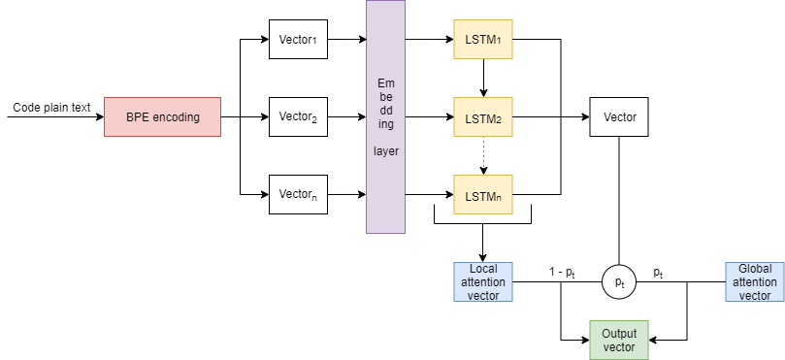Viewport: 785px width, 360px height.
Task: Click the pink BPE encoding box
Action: tap(162, 117)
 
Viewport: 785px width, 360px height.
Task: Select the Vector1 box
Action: tap(299, 40)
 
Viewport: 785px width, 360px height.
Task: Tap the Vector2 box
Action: tap(299, 117)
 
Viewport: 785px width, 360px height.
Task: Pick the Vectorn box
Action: tap(299, 194)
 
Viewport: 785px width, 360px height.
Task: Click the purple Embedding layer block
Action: tap(385, 116)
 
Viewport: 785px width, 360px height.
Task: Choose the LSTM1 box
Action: tap(483, 40)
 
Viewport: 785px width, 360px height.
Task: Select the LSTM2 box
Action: tap(483, 117)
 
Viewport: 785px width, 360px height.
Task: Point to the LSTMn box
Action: tap(483, 194)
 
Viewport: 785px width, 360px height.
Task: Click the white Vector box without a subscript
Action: tap(619, 117)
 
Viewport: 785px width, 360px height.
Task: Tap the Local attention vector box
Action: tap(483, 281)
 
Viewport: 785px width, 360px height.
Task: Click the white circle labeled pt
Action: tap(619, 281)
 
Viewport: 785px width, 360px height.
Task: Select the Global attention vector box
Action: tap(754, 281)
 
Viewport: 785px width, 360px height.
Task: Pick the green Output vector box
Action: tap(619, 340)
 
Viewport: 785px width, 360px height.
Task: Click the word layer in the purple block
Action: tap(385, 151)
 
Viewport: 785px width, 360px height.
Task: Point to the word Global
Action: tap(755, 269)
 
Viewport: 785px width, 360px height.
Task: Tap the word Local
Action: tap(483, 269)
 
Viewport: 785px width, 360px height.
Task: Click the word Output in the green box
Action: tap(619, 333)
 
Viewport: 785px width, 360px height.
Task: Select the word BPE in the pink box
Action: tap(138, 117)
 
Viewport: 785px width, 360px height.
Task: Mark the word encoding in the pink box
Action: tap(176, 117)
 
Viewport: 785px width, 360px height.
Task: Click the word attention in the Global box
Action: tap(755, 281)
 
